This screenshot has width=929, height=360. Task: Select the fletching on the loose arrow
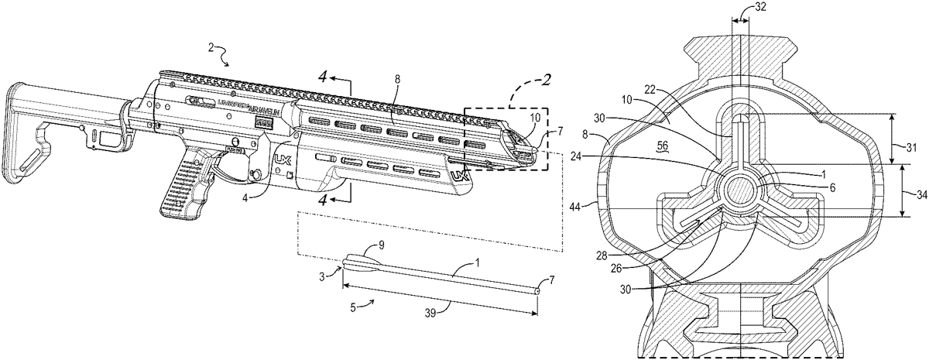click(361, 262)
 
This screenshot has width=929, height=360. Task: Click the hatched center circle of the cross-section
click(740, 190)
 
